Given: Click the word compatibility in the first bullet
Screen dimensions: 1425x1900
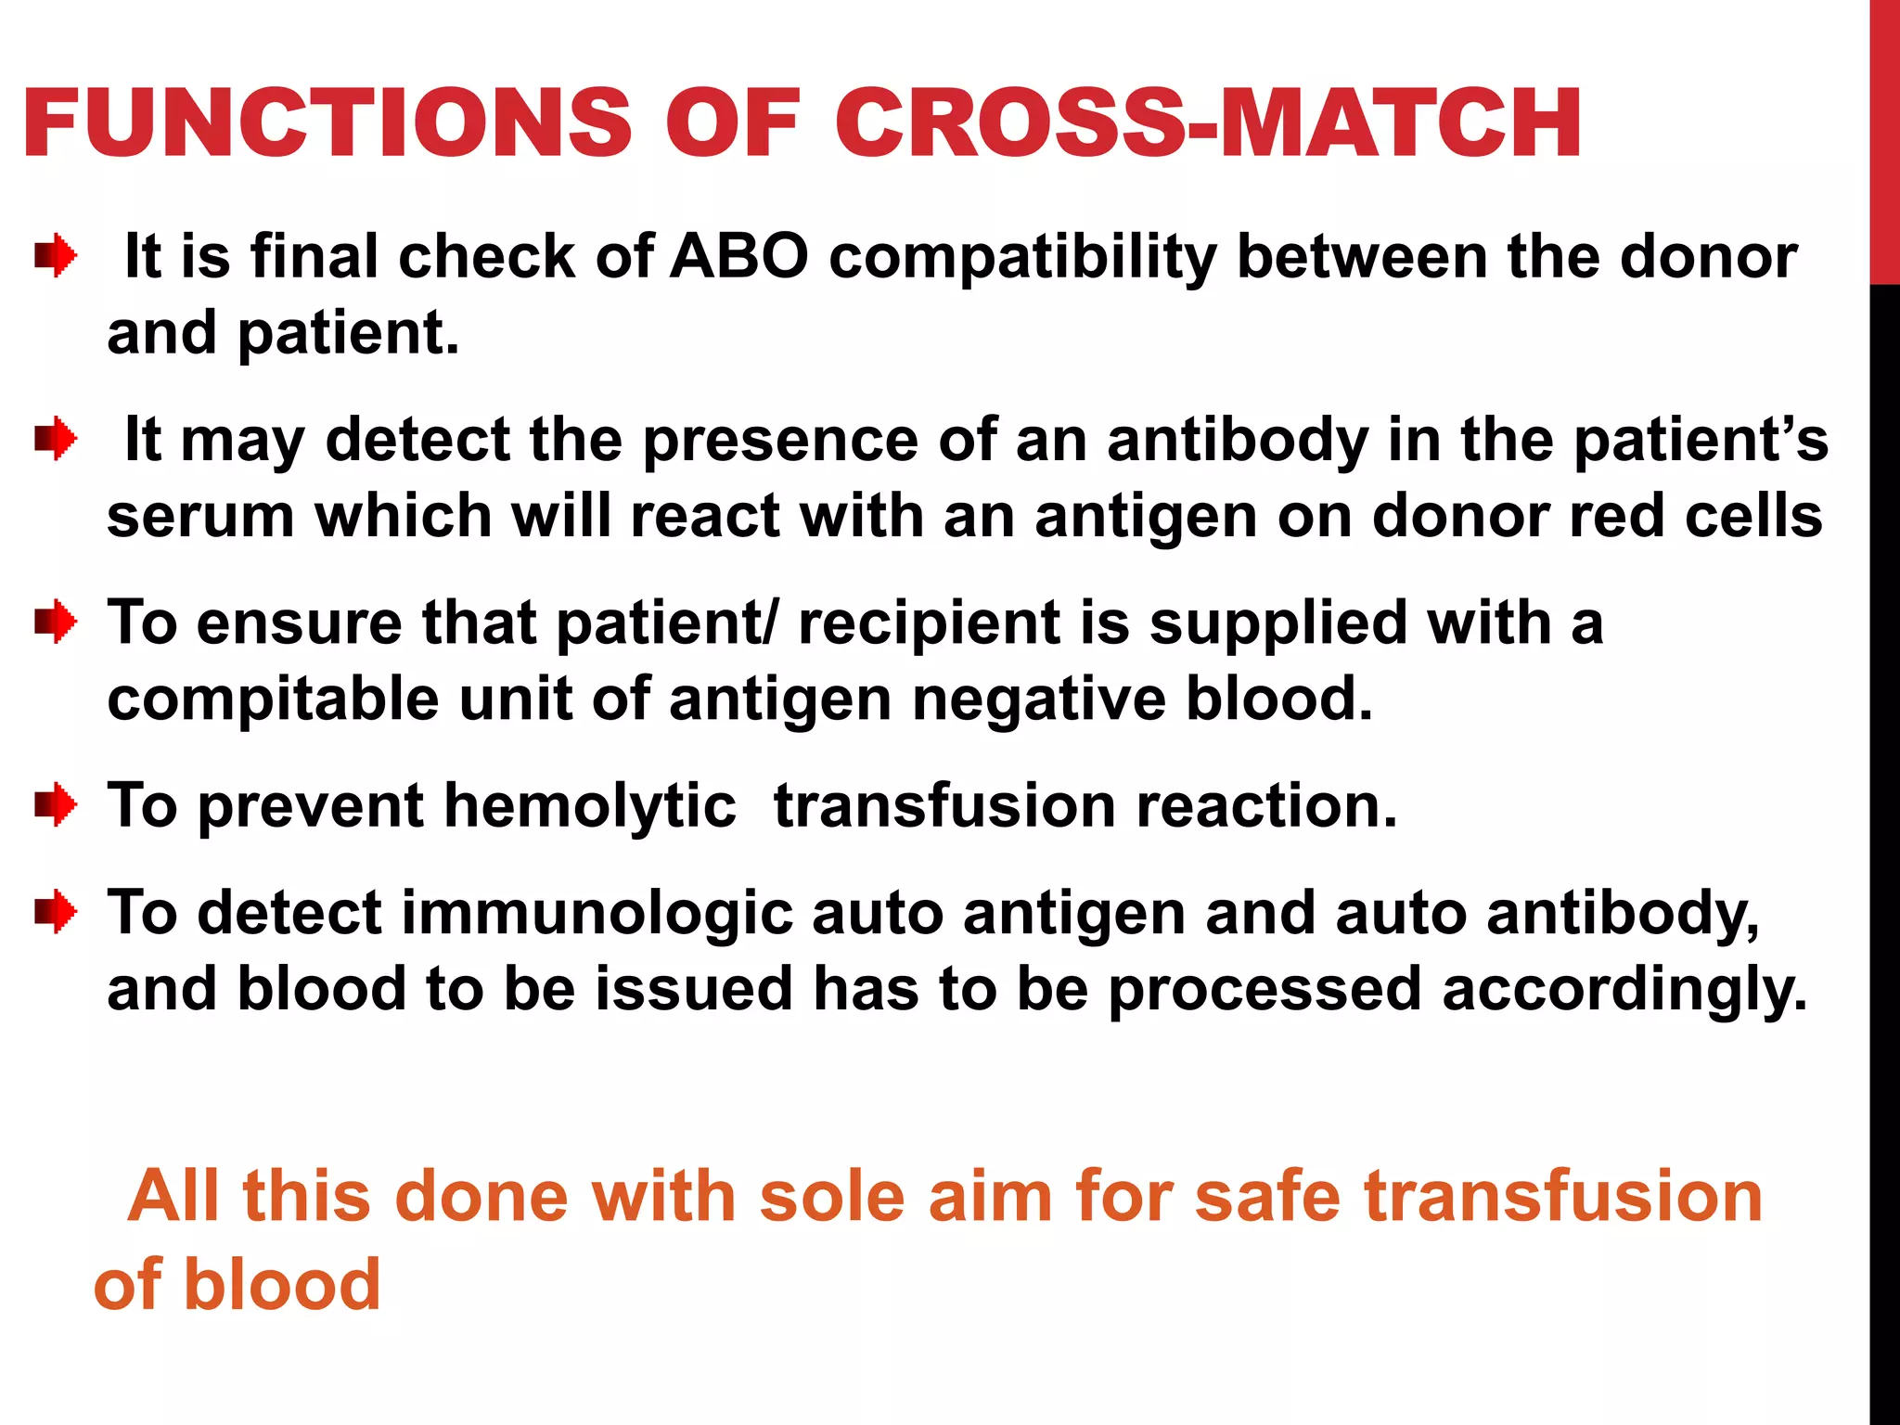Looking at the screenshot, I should tap(1021, 258).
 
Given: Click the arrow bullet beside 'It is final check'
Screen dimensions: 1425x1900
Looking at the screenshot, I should tap(56, 256).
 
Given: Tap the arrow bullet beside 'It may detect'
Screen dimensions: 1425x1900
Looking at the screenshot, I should tap(56, 439).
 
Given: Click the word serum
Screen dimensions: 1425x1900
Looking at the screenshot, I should tap(200, 516).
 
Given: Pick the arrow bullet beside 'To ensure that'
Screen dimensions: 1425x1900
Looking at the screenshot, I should tap(56, 622).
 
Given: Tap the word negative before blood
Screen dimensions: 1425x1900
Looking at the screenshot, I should tap(1039, 700).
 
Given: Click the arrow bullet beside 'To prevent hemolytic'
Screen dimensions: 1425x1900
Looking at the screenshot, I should tap(56, 804).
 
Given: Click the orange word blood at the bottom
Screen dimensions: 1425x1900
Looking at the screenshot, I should tap(283, 1285).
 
